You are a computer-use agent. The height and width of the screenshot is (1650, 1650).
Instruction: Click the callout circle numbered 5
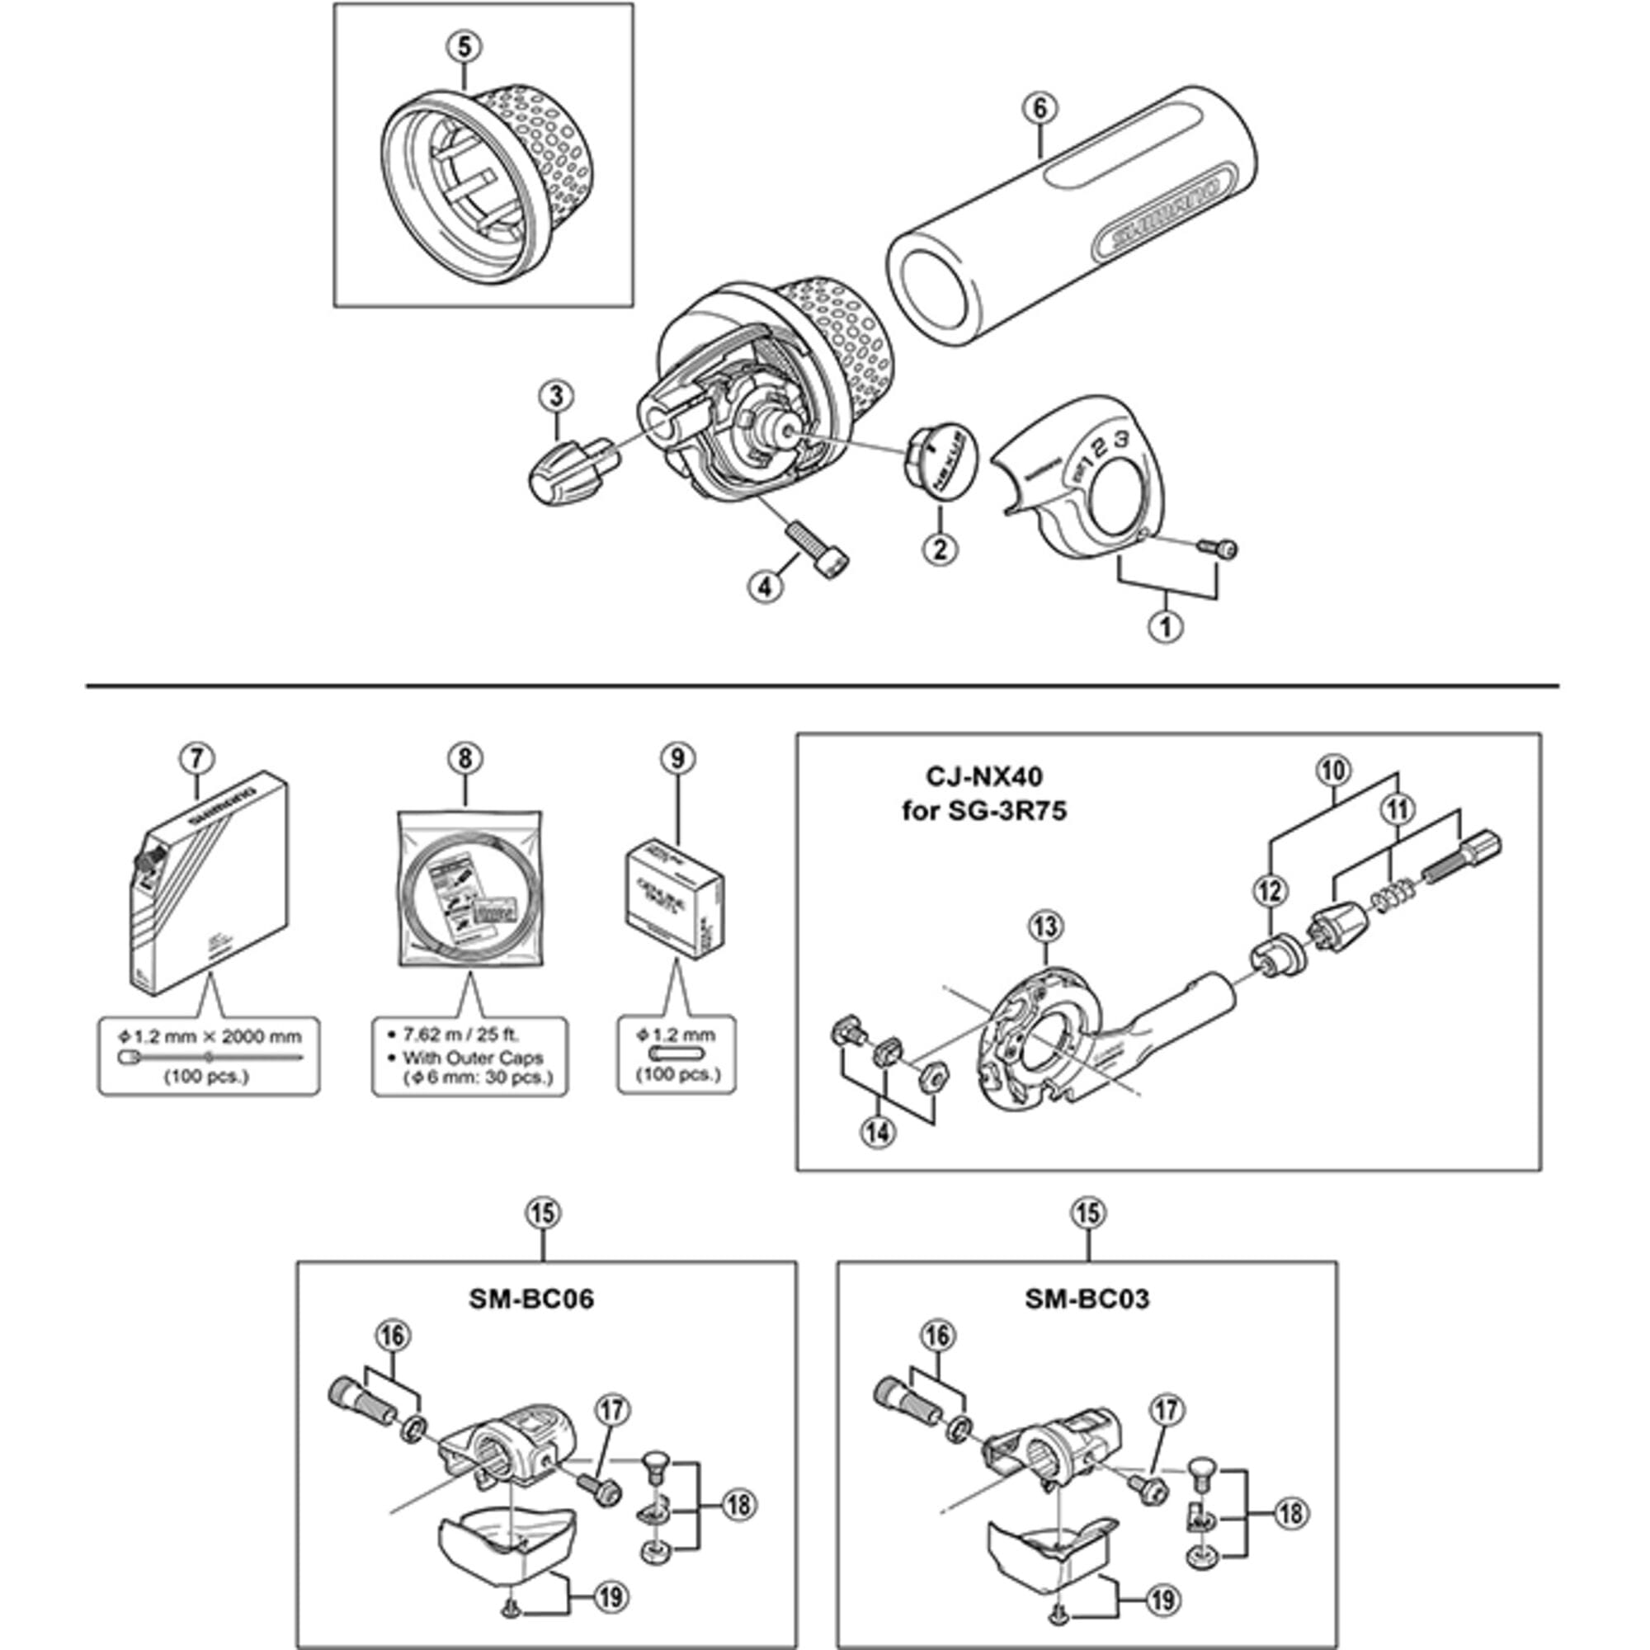pyautogui.click(x=464, y=46)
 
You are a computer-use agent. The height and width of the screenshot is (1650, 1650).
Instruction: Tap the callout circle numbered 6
pyautogui.click(x=1039, y=107)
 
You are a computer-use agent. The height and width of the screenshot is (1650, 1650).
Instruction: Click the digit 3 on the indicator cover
pyautogui.click(x=1122, y=441)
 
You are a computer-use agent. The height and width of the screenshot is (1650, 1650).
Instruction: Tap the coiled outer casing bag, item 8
pyautogui.click(x=468, y=889)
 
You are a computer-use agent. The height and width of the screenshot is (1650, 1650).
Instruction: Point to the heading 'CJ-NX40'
pyautogui.click(x=984, y=775)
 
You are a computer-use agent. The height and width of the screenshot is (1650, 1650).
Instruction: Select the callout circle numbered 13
pyautogui.click(x=1046, y=926)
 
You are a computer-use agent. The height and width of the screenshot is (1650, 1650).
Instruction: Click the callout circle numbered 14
pyautogui.click(x=878, y=1134)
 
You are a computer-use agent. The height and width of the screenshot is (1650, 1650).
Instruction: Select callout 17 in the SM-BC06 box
pyautogui.click(x=612, y=1411)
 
